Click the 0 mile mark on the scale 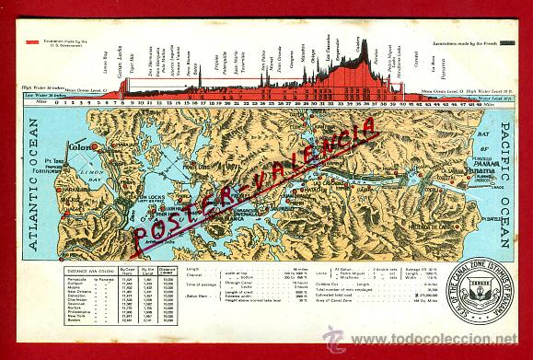pyautogui.click(x=56, y=103)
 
